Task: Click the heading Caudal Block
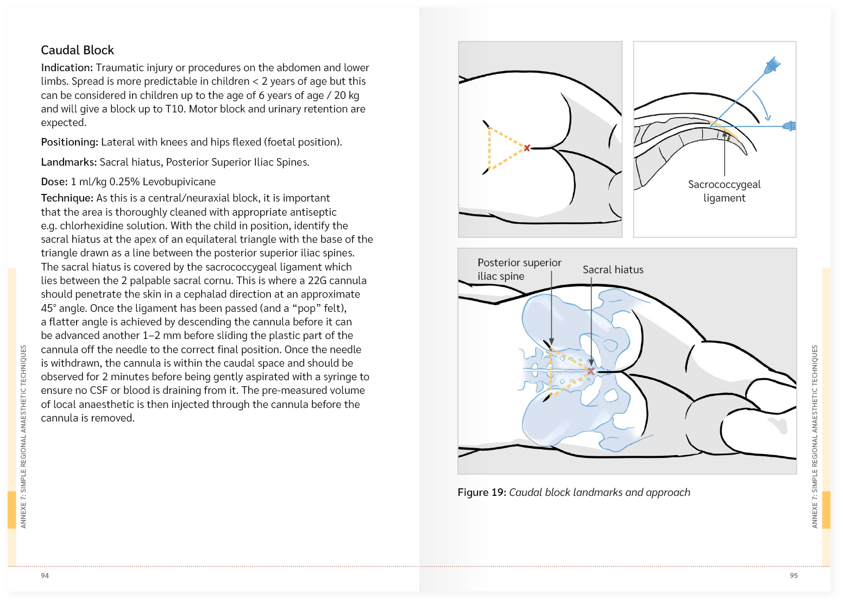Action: click(x=77, y=51)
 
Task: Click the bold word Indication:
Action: click(x=67, y=68)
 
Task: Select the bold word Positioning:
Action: click(x=70, y=142)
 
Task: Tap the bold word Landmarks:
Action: click(x=69, y=162)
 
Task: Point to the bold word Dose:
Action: click(x=54, y=182)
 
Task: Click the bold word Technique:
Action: click(x=67, y=198)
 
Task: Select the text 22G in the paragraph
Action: click(x=317, y=281)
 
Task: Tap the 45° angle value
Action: click(x=48, y=309)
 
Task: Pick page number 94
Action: click(x=45, y=576)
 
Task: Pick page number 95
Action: click(x=794, y=576)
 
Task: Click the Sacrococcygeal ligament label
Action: click(x=724, y=191)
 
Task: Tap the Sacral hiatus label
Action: click(x=613, y=270)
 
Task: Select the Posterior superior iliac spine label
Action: click(x=519, y=269)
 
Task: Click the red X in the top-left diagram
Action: click(x=526, y=148)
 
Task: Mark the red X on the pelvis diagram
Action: click(x=591, y=371)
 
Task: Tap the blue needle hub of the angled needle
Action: click(x=772, y=66)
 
